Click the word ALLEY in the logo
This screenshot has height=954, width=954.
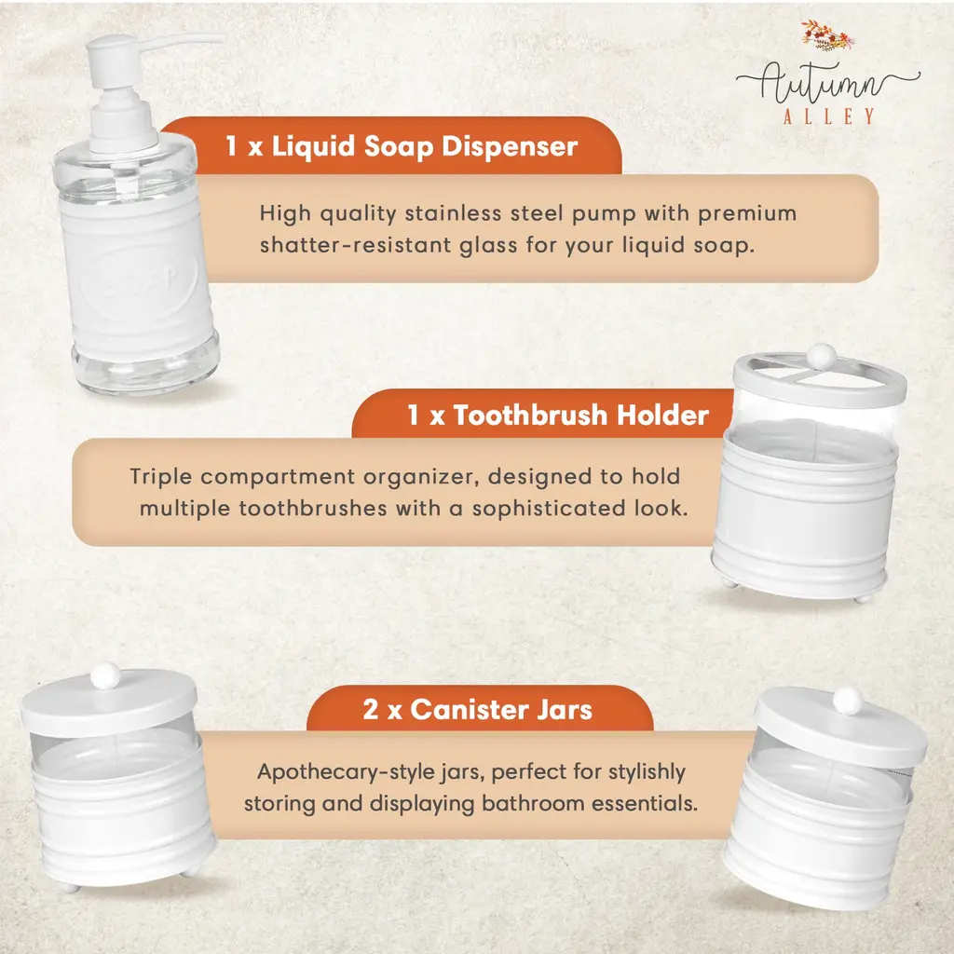tap(828, 116)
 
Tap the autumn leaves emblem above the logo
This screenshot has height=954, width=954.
tap(827, 36)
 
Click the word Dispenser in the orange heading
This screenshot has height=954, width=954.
tap(510, 146)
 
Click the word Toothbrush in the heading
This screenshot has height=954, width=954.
tap(530, 415)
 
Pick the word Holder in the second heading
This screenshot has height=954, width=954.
tap(662, 415)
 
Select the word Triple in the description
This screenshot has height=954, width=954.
tap(160, 477)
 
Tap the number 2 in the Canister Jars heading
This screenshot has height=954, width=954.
tap(371, 709)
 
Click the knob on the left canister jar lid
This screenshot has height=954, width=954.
tap(105, 675)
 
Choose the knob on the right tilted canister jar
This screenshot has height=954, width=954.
tap(848, 702)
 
